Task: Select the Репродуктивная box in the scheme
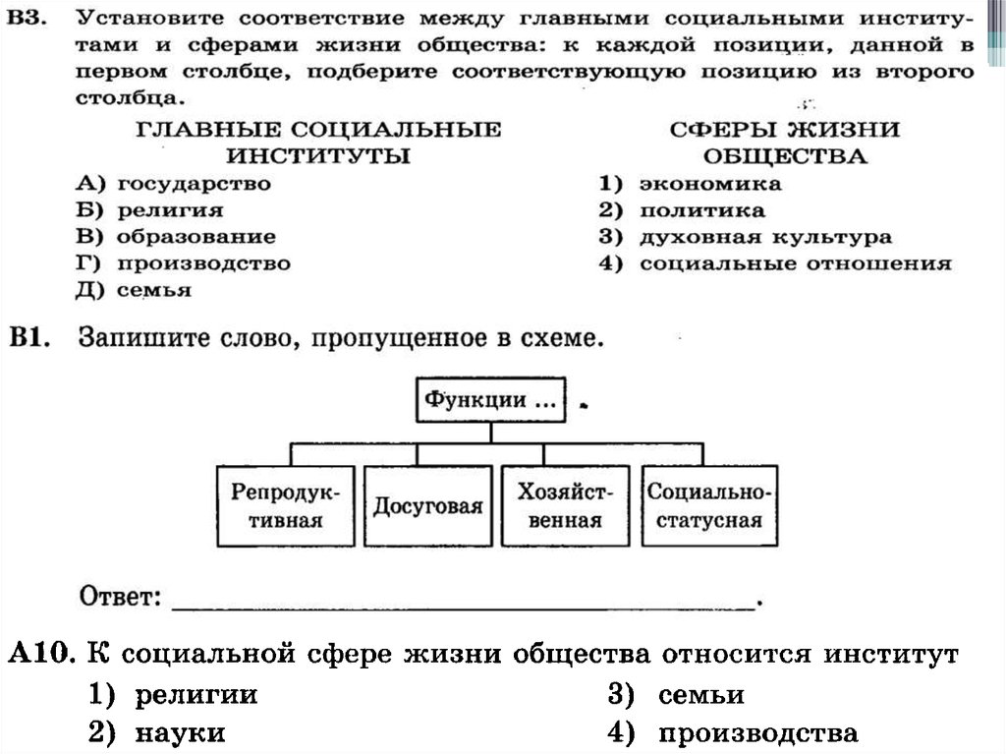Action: pyautogui.click(x=285, y=505)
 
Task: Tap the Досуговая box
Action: pyautogui.click(x=427, y=505)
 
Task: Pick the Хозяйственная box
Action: pyautogui.click(x=564, y=505)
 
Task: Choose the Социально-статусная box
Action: pyautogui.click(x=709, y=505)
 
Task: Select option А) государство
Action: pyautogui.click(x=173, y=184)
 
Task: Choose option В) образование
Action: pyautogui.click(x=176, y=237)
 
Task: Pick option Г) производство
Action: pyautogui.click(x=183, y=263)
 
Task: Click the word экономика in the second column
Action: pyautogui.click(x=710, y=184)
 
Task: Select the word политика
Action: pyautogui.click(x=701, y=210)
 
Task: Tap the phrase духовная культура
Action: pyautogui.click(x=765, y=237)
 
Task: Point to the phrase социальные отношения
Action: pyautogui.click(x=795, y=263)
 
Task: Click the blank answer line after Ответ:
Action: pyautogui.click(x=462, y=602)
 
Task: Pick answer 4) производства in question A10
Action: pyautogui.click(x=732, y=732)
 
